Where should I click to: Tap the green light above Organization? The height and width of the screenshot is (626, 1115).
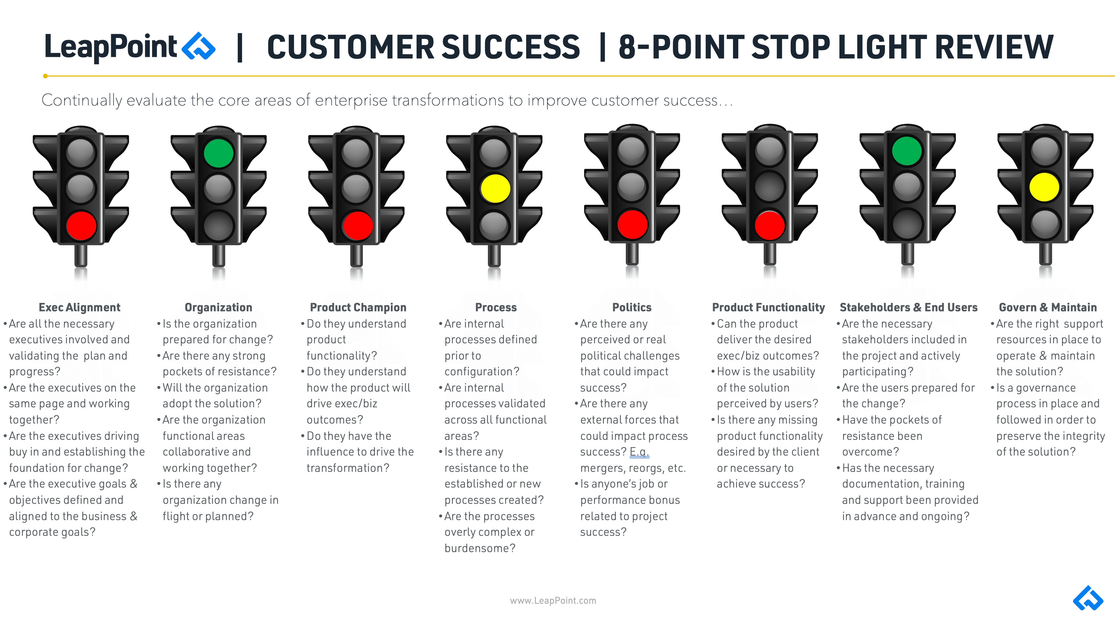(219, 153)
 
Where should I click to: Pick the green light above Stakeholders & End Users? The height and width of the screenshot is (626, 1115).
(907, 151)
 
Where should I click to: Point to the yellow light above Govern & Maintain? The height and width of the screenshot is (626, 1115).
(1044, 187)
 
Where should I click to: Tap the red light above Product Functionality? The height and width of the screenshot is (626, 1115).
(769, 225)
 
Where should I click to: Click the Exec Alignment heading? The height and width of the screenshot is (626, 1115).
(80, 307)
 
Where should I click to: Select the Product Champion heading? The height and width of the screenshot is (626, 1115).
(358, 307)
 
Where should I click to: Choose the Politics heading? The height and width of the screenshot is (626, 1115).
(632, 307)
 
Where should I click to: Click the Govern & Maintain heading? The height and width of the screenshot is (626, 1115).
(1047, 307)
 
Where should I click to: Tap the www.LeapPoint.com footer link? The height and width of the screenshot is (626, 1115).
(553, 600)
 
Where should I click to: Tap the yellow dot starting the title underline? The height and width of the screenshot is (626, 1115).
(45, 76)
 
